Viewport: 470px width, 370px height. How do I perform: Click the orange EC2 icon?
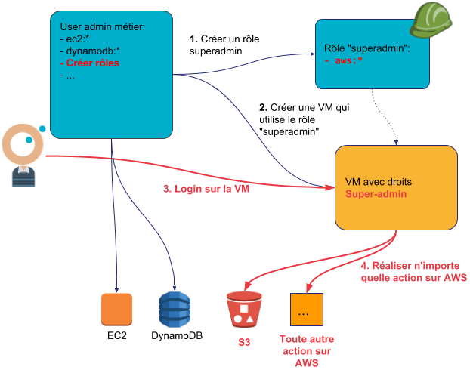click(x=117, y=307)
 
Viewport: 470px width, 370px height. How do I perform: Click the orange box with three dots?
click(x=306, y=310)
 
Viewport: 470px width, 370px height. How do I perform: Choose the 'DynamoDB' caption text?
click(x=176, y=335)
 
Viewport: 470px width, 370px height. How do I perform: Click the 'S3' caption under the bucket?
click(x=243, y=341)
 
